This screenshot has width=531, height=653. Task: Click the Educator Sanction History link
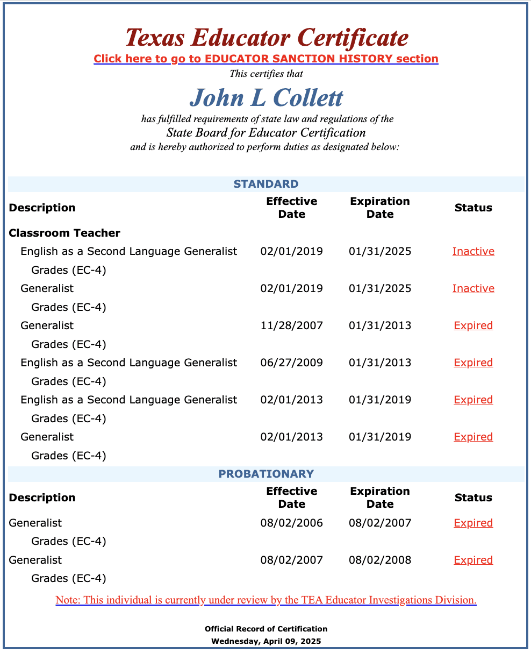click(x=265, y=59)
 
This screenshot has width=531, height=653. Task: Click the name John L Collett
click(x=266, y=97)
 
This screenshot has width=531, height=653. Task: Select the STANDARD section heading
click(x=265, y=184)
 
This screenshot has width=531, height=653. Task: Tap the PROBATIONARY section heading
click(x=265, y=474)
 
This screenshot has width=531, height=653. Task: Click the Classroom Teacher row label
click(x=64, y=233)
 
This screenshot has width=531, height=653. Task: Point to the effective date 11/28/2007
click(x=291, y=325)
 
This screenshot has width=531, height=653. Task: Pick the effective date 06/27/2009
click(x=291, y=363)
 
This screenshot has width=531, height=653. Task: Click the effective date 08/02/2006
click(x=291, y=523)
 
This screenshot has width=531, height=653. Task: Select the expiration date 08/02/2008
click(x=379, y=560)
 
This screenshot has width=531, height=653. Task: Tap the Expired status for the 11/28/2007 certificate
click(x=473, y=325)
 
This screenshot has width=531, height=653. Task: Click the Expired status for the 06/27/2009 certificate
click(x=473, y=363)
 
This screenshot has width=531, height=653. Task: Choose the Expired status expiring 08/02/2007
click(x=473, y=523)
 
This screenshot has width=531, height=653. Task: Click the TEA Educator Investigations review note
click(x=265, y=600)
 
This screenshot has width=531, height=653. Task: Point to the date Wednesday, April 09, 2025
click(x=265, y=641)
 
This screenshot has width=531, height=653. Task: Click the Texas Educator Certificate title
click(x=267, y=38)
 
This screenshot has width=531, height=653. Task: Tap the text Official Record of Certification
click(x=265, y=629)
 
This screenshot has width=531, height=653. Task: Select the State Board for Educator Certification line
click(x=265, y=133)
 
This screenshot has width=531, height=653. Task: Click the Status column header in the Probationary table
click(x=473, y=498)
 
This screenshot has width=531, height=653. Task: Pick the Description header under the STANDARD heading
click(x=42, y=208)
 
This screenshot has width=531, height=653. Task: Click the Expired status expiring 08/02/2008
click(x=473, y=560)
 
